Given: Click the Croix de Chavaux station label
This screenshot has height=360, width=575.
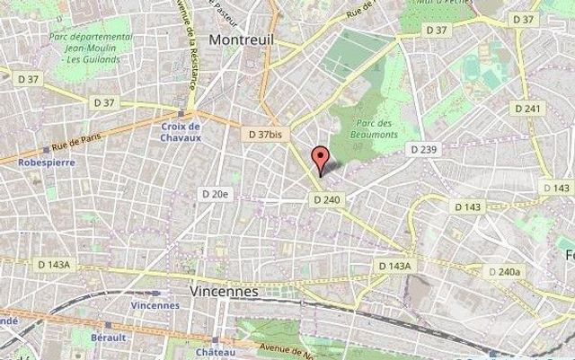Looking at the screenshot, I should point(181,133).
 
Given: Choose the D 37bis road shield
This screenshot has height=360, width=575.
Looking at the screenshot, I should point(265,133).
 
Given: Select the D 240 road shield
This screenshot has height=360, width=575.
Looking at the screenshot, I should point(327,199).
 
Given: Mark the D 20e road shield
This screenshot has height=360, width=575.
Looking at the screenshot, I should point(217,193).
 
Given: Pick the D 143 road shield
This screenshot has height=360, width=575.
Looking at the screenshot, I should point(467,206).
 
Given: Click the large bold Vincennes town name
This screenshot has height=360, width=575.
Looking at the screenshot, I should point(225,292).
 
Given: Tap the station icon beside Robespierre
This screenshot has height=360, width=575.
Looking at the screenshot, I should point(45,151).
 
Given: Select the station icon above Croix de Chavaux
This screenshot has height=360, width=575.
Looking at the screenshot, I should point(181,114).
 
